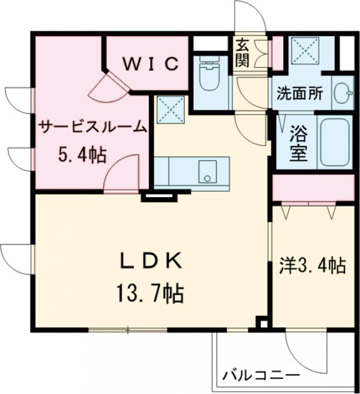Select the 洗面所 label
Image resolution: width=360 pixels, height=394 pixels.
[299, 94]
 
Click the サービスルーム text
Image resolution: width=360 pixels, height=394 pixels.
[93, 127]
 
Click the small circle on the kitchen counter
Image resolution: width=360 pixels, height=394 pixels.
[208, 177]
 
